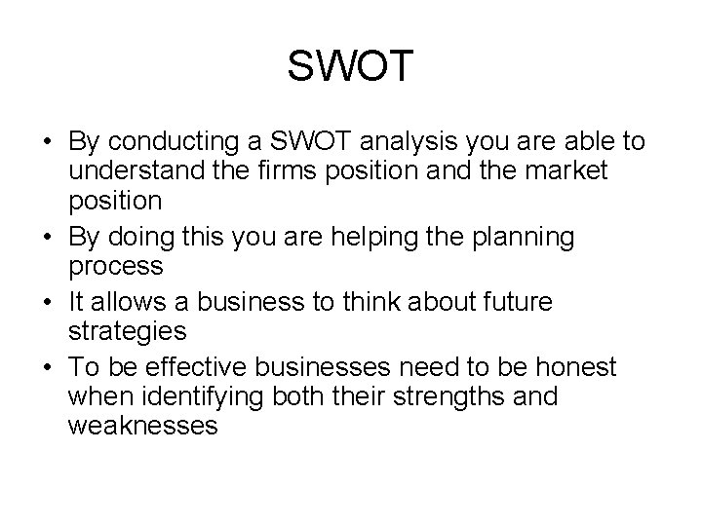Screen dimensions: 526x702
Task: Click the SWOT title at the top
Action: pyautogui.click(x=351, y=67)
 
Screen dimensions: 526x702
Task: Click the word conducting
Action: pyautogui.click(x=185, y=142)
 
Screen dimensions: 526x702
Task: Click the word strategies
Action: pyautogui.click(x=128, y=331)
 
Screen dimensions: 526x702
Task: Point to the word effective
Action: pyautogui.click(x=203, y=367)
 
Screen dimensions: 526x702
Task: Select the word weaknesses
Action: pyautogui.click(x=143, y=426)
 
